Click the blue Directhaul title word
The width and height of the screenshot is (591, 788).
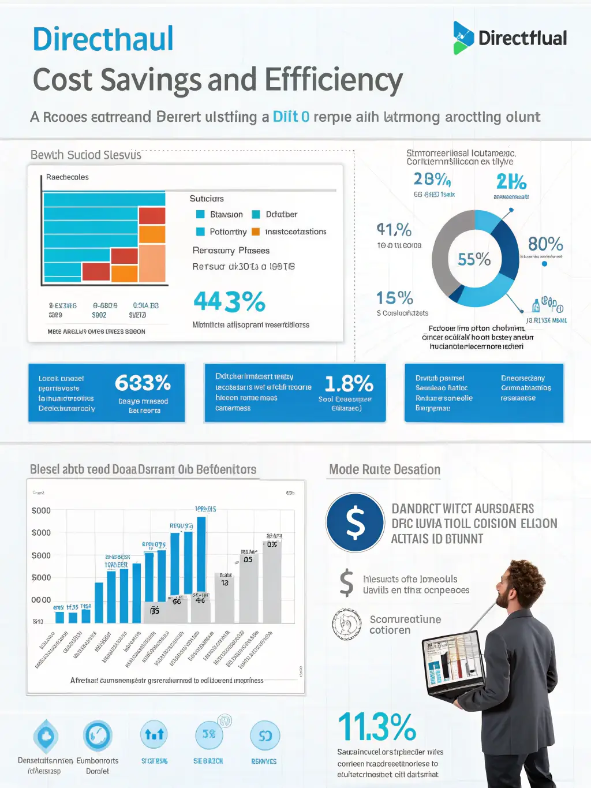tap(103, 39)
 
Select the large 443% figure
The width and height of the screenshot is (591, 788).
tap(229, 301)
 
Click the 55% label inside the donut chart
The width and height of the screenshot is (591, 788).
tap(474, 259)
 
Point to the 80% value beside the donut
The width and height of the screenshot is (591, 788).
tap(545, 244)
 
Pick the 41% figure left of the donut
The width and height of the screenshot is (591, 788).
tap(394, 230)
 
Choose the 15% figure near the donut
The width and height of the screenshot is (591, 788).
tap(395, 298)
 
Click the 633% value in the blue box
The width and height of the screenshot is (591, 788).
tap(143, 383)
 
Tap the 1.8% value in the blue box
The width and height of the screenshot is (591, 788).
tap(349, 384)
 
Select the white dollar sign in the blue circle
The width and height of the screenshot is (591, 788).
tap(355, 522)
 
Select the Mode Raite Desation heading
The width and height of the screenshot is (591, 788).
tap(384, 469)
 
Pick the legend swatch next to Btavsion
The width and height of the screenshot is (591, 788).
tap(200, 214)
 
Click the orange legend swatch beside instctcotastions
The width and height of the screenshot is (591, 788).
tap(256, 231)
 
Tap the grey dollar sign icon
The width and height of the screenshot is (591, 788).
tap(346, 582)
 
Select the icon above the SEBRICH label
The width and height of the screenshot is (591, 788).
tap(208, 734)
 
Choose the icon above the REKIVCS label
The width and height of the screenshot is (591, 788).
tap(264, 736)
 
